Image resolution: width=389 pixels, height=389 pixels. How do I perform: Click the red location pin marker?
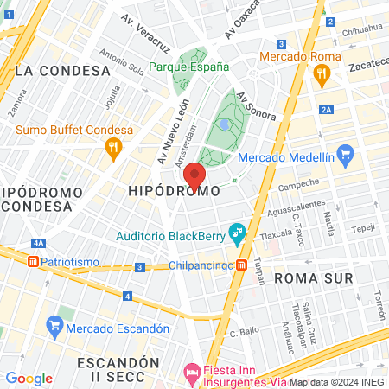pos(194,175)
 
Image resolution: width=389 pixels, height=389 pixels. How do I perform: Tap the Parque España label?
pos(188,67)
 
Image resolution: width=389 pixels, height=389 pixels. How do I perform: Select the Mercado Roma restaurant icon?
pos(321,74)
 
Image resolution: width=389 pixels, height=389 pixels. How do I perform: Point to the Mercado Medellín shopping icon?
pos(346,157)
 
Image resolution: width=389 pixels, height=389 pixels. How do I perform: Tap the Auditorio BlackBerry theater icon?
pos(235,233)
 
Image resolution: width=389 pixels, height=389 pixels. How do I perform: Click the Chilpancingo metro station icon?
pos(244,265)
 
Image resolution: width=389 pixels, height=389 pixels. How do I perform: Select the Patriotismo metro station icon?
pos(33,259)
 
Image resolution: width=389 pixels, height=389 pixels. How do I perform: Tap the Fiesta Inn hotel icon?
pos(193,374)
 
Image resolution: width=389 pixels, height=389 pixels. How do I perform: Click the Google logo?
pos(29,378)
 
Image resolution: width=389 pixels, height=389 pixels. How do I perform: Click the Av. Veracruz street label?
pos(142,33)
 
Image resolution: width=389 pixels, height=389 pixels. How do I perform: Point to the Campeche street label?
pos(298,185)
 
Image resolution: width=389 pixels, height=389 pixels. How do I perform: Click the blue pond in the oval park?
pos(225,124)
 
